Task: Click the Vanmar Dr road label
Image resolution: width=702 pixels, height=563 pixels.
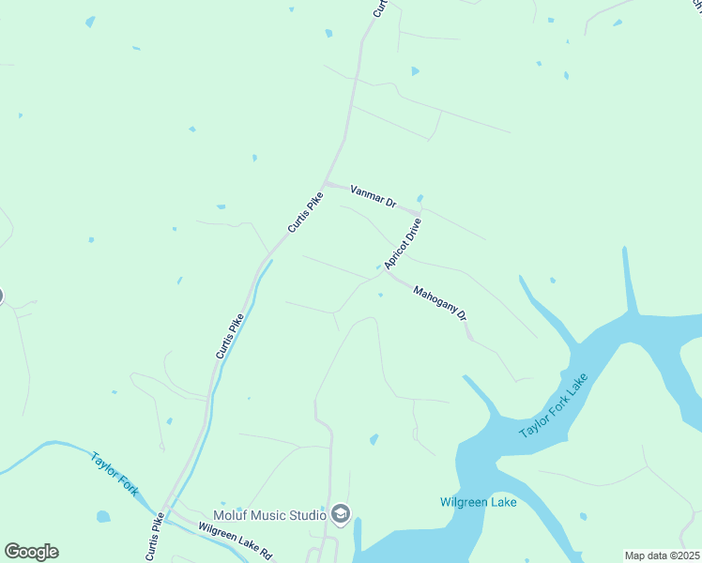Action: click(x=374, y=196)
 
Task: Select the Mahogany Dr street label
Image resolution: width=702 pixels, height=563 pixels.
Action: click(x=440, y=303)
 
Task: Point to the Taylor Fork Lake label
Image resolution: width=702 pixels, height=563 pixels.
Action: click(x=554, y=405)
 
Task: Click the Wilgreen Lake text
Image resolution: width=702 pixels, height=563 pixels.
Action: click(x=479, y=502)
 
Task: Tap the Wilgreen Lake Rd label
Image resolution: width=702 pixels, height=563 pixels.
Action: click(x=235, y=540)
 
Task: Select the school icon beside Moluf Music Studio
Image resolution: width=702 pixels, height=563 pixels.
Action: click(x=340, y=513)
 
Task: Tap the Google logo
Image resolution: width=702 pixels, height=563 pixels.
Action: click(x=31, y=552)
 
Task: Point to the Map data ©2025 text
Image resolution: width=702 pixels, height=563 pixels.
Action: click(x=663, y=555)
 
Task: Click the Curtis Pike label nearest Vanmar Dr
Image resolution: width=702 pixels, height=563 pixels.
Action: click(x=306, y=213)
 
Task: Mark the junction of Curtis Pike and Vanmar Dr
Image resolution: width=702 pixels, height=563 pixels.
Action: click(x=325, y=183)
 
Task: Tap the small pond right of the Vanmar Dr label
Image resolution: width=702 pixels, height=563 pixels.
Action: click(x=420, y=198)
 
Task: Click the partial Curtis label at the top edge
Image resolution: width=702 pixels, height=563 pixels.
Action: click(x=379, y=8)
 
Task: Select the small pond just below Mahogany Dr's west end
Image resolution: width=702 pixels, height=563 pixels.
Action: click(x=380, y=295)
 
